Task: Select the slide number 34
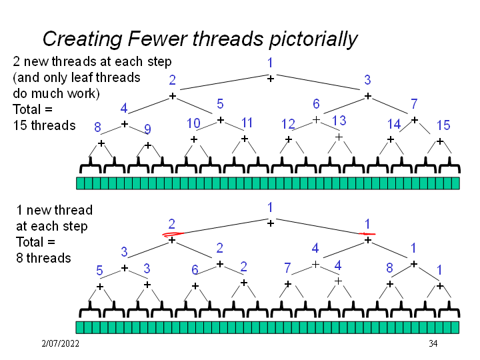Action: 433,343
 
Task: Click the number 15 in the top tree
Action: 443,125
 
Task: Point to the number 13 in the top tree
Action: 339,121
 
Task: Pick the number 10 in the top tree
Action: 193,123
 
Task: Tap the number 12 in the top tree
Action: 288,124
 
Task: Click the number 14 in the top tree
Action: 394,124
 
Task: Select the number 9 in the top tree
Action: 148,129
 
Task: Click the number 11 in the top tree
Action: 247,123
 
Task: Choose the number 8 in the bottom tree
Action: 390,268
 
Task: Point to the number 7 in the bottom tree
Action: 287,268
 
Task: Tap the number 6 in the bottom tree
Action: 195,269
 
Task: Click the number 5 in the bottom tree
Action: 99,271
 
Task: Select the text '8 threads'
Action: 43,257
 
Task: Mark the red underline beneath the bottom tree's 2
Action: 172,233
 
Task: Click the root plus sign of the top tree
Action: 270,79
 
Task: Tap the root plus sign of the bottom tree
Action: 270,223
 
